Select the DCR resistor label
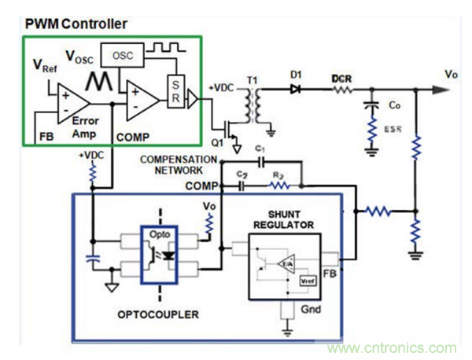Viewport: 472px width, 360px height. (341, 80)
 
